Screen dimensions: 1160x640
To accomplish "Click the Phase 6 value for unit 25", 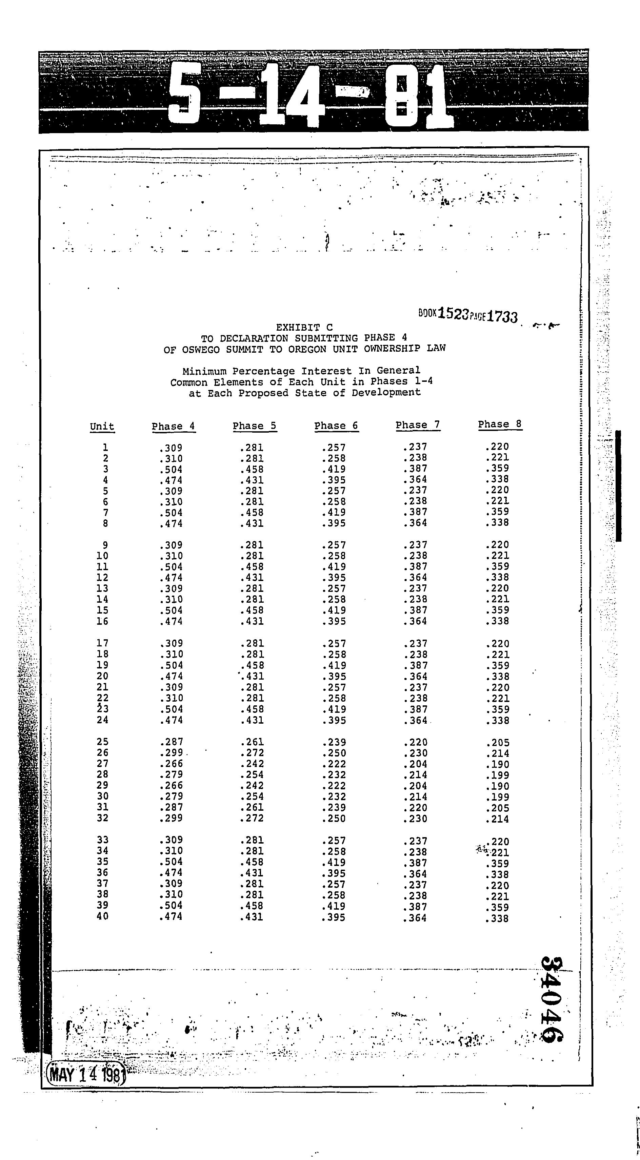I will pos(334,742).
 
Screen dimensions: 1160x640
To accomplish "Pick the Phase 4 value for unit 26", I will pos(171,752).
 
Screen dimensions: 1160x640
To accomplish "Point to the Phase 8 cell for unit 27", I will pos(498,764).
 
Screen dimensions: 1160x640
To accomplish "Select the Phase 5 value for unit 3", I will pos(252,469).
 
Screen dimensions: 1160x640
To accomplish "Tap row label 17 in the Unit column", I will pos(102,643).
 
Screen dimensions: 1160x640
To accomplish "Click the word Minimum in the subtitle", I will pos(205,372).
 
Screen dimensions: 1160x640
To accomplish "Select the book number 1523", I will pos(453,313).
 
